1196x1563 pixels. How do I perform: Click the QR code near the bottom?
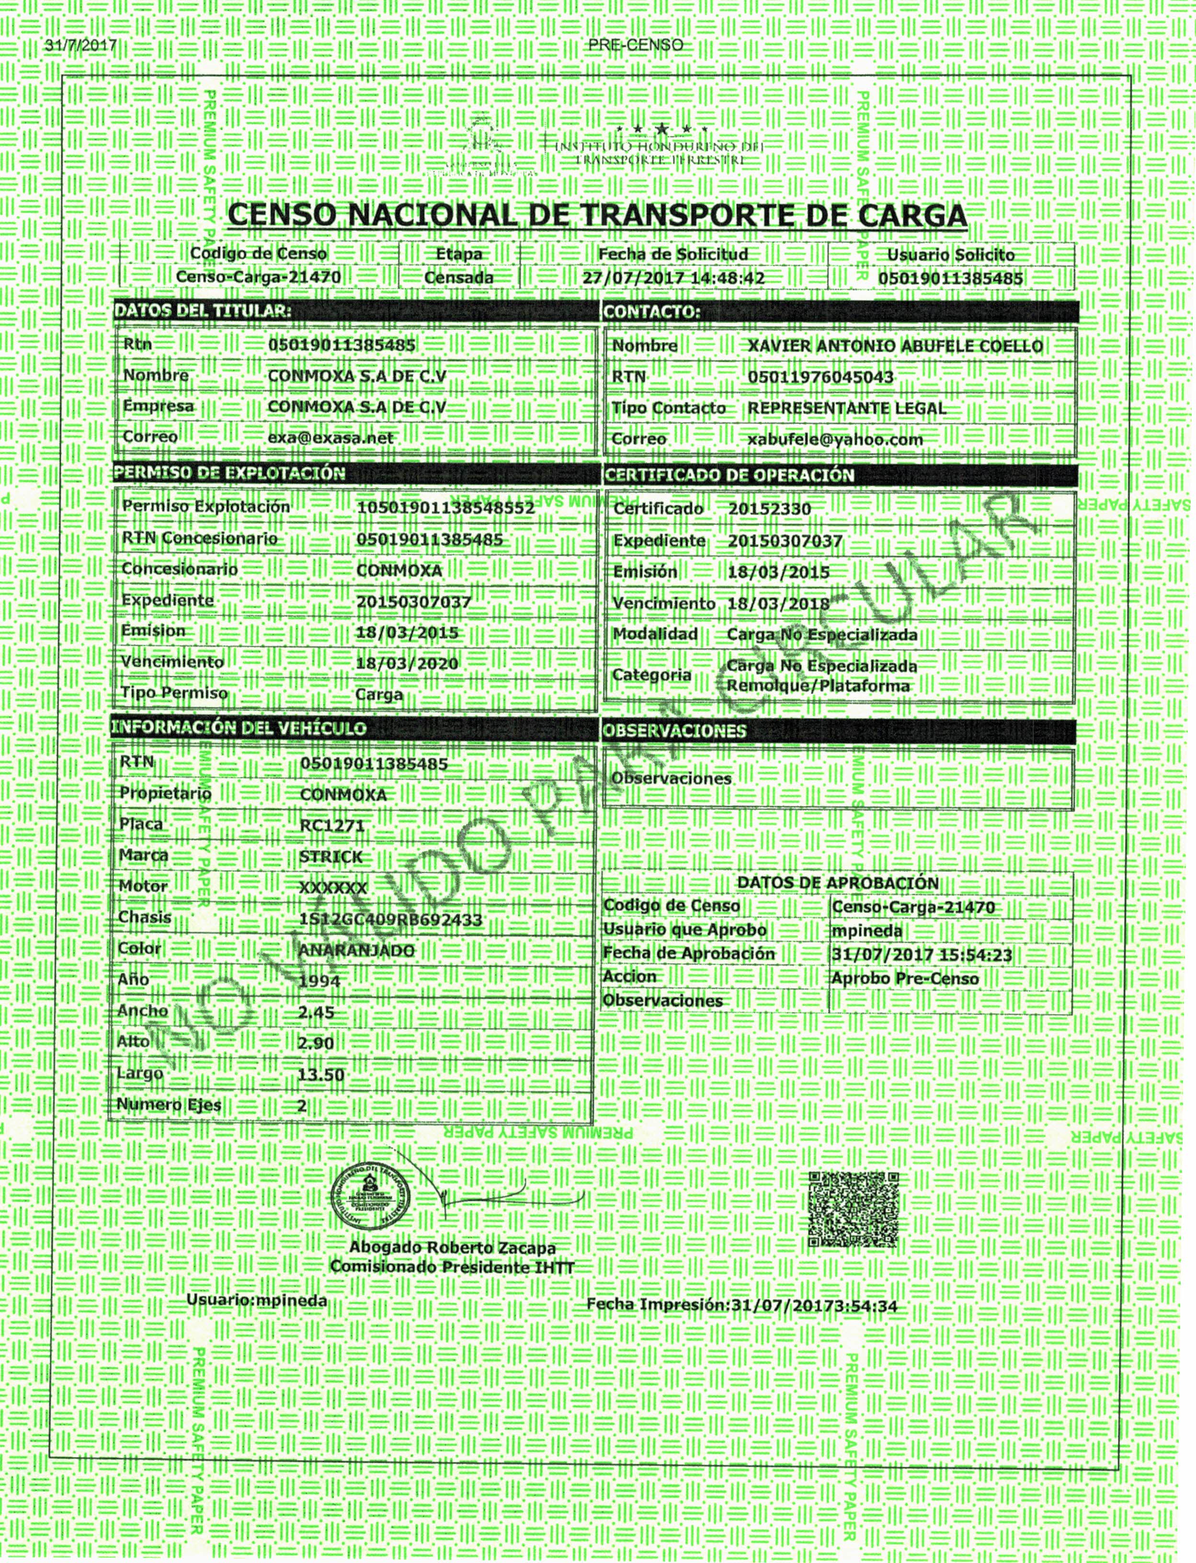click(x=854, y=1209)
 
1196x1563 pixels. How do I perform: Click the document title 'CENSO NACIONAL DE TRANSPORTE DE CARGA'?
click(x=597, y=215)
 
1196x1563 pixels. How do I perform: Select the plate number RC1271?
click(x=332, y=826)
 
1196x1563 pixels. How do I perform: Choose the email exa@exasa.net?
click(x=330, y=438)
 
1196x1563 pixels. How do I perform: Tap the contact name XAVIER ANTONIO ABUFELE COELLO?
click(x=895, y=347)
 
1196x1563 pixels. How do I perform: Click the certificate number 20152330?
click(x=770, y=509)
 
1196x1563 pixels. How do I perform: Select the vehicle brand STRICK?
click(x=331, y=857)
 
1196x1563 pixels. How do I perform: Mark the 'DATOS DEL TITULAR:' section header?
click(x=203, y=310)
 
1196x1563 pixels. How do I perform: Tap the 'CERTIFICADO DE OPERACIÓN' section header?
click(x=728, y=476)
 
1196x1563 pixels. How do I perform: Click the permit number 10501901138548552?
click(x=445, y=507)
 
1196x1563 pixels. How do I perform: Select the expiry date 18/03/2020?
click(x=407, y=663)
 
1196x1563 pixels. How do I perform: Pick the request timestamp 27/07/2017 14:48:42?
click(x=673, y=277)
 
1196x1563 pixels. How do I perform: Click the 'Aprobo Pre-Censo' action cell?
click(x=905, y=979)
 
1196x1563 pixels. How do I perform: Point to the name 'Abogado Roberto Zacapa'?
click(x=452, y=1248)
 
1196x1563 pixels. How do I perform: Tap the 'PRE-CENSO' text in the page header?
click(x=636, y=45)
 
